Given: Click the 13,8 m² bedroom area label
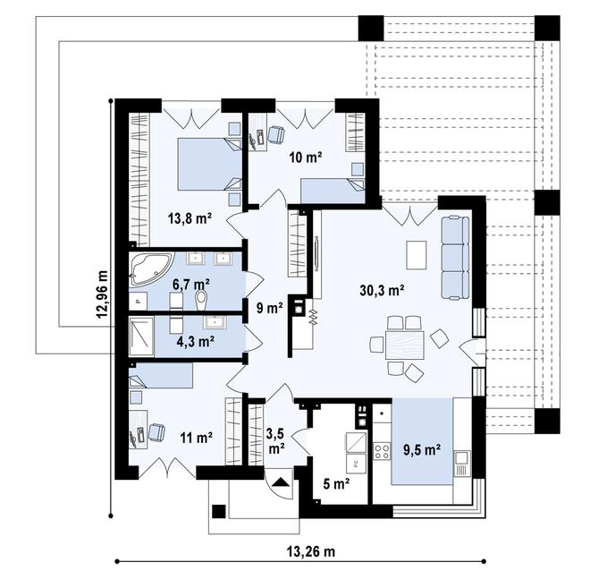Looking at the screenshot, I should point(189,217).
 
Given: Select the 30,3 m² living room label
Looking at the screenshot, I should point(383,289).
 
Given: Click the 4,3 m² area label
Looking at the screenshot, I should point(194,341).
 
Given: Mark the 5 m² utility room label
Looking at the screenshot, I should point(335,485).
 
